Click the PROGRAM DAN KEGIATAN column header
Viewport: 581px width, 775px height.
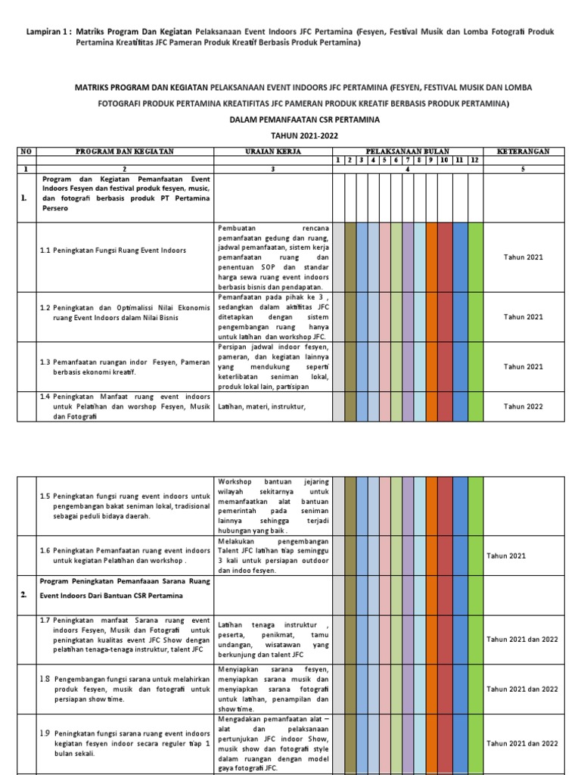126,151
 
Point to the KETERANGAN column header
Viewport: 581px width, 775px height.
524,151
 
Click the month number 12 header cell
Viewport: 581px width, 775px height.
475,160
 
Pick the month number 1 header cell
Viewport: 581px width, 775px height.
338,160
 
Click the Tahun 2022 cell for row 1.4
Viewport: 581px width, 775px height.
524,406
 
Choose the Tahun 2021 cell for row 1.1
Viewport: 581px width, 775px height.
524,257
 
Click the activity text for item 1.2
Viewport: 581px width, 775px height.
125,313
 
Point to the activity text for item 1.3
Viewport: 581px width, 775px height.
125,367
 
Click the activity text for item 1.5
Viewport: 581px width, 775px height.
125,506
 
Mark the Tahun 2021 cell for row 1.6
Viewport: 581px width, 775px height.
506,556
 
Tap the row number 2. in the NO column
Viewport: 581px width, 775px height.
24,596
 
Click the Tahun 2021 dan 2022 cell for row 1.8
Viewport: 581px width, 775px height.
523,689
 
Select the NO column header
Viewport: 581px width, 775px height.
26,151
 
